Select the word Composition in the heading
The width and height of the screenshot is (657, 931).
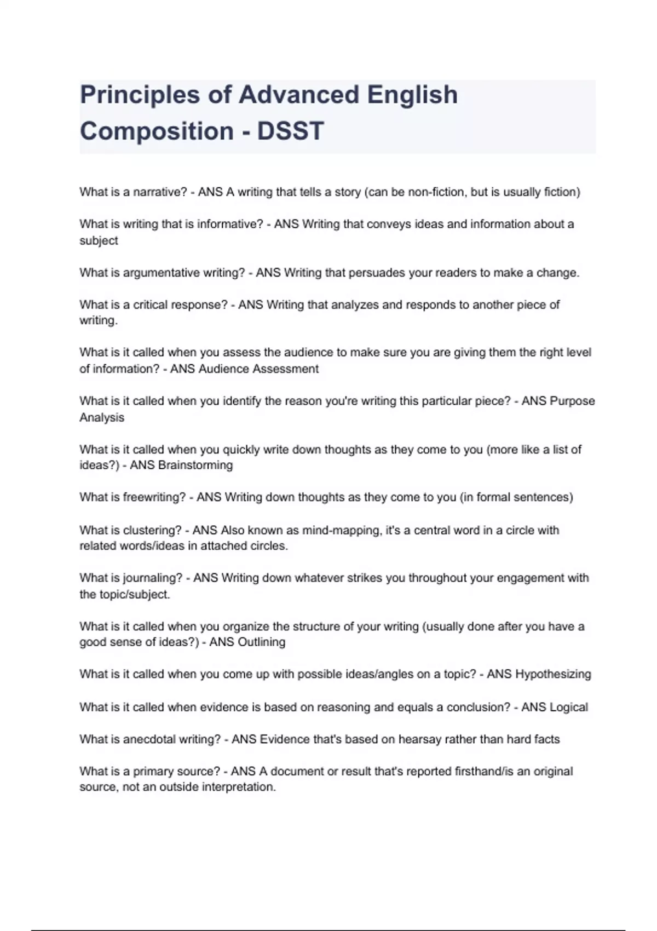[157, 131]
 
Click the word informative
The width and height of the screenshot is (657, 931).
[230, 224]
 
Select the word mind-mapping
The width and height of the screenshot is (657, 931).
[342, 530]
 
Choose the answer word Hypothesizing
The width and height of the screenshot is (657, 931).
[554, 674]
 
